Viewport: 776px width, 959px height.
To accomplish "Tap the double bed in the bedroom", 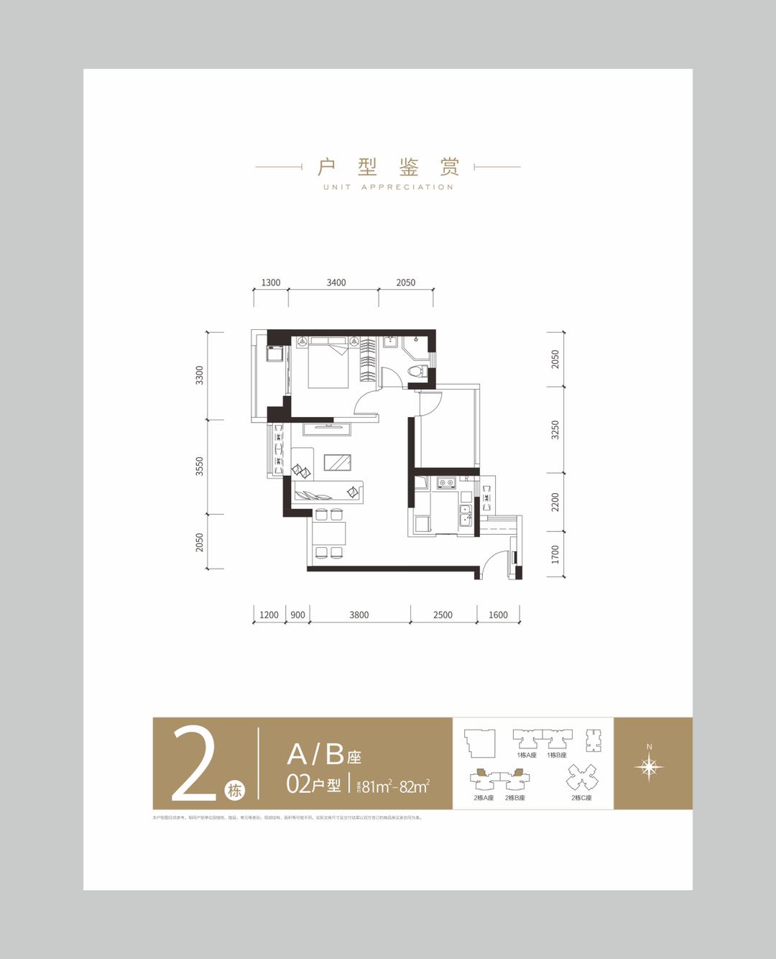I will tap(329, 364).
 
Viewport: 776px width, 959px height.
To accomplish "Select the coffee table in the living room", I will tap(337, 462).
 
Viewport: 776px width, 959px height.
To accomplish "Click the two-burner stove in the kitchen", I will tap(447, 483).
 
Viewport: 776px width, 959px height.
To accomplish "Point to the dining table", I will tap(329, 533).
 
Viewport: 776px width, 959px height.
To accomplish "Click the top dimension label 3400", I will tap(336, 283).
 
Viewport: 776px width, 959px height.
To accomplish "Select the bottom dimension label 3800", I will tap(359, 615).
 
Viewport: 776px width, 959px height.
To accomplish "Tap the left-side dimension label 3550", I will tap(200, 466).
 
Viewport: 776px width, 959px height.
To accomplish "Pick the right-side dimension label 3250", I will tap(555, 430).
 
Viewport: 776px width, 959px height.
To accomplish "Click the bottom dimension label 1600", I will tap(498, 615).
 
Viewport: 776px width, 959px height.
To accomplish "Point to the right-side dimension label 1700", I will tap(555, 554).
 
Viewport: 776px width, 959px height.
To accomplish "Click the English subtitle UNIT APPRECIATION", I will tap(388, 187).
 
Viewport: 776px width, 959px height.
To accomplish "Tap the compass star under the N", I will tap(649, 768).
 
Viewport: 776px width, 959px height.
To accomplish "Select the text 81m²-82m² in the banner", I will tap(395, 786).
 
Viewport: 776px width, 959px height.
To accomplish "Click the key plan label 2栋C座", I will tap(581, 798).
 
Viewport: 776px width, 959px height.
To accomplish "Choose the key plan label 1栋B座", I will tap(557, 756).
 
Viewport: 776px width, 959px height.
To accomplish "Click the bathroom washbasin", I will tap(390, 341).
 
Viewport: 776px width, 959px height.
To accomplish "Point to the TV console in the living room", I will tap(327, 429).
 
